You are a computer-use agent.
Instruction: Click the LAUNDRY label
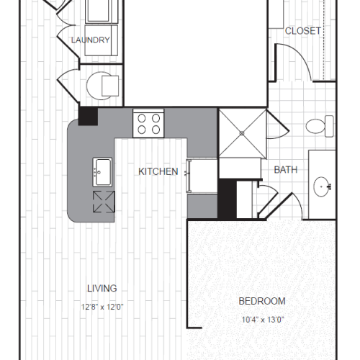coord(91,40)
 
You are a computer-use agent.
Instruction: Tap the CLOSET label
coord(302,30)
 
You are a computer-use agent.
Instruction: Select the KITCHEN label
coord(158,171)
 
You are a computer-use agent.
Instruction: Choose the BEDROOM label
coord(262,301)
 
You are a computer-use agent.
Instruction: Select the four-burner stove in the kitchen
coord(148,123)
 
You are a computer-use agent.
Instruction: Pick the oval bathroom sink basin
coord(323,187)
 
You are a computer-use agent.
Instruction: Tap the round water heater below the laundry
coord(102,86)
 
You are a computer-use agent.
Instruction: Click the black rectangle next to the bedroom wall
coord(228,198)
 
